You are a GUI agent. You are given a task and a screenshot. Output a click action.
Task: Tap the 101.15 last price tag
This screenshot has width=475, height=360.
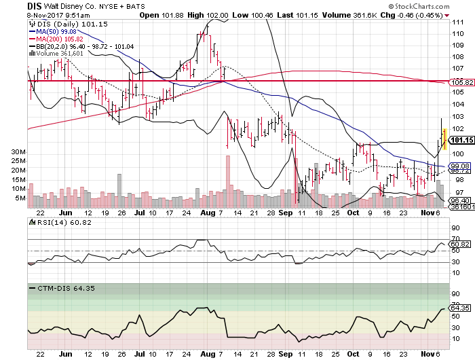[x=461, y=141]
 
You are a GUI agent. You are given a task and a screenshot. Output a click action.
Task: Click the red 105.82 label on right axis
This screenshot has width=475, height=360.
[x=461, y=83]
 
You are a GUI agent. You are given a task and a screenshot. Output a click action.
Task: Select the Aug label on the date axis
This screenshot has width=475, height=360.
[x=208, y=213]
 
